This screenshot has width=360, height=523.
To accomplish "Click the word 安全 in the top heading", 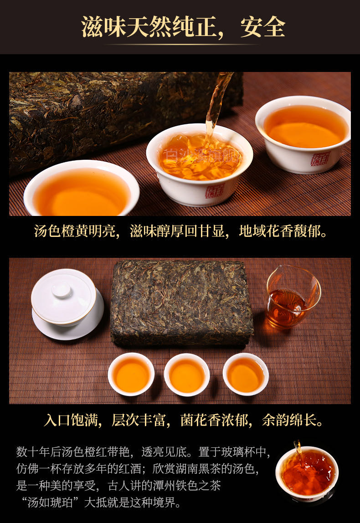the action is tap(263, 27).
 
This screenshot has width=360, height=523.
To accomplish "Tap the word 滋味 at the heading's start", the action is tap(103, 27).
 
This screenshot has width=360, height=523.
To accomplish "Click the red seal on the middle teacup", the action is tap(215, 191).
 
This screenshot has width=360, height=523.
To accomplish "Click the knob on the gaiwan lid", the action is tap(62, 290).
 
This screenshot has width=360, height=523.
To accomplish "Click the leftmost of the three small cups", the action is tap(131, 374).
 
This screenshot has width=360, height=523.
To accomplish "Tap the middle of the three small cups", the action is tap(187, 374).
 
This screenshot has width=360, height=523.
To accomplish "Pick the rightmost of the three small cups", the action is tap(246, 374).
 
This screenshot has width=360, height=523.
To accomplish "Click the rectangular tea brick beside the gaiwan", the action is tap(182, 303).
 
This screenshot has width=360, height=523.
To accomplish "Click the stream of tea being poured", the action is tap(217, 107).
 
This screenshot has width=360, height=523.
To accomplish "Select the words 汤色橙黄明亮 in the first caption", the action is tap(75, 231).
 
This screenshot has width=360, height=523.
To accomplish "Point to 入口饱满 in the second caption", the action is tap(71, 420).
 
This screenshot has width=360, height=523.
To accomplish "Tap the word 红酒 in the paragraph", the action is tap(130, 469).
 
